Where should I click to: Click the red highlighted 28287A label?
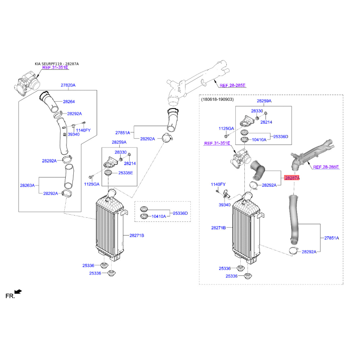point(292,178)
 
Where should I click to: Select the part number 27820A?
point(68,85)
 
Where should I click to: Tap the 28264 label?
point(69,102)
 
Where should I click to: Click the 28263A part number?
point(27,185)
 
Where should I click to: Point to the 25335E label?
point(126,173)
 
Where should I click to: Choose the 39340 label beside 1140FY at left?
point(73,134)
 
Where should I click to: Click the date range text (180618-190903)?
point(217,99)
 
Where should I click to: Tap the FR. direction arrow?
point(18,292)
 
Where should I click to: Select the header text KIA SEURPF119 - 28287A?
point(57,64)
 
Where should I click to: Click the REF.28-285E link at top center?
point(232,85)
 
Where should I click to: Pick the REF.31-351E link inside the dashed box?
point(217,143)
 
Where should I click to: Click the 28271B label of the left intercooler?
point(137,235)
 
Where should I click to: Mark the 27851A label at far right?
point(332,238)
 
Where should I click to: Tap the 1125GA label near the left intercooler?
point(92,184)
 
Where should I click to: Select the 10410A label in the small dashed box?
point(159,216)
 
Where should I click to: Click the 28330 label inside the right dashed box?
point(257,111)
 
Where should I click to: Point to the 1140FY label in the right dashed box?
point(218,184)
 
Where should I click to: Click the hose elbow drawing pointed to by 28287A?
point(257,170)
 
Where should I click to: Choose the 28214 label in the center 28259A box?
point(130,163)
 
